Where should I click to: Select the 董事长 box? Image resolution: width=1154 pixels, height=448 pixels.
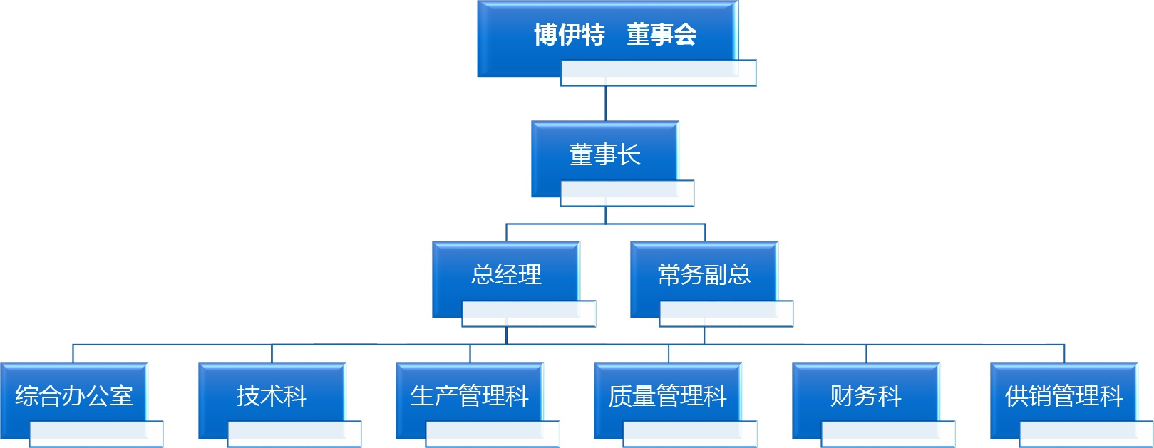pos(604,154)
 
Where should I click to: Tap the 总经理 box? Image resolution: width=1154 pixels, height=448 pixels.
pos(506,274)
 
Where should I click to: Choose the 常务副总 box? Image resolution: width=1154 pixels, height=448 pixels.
pos(704,274)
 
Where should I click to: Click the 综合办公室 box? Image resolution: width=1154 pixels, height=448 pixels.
pos(74,395)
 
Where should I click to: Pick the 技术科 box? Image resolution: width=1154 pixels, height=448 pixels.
pos(272,395)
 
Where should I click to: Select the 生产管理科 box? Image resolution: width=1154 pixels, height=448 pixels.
pos(469,395)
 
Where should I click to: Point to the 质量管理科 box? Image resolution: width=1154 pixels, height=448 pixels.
pos(667,395)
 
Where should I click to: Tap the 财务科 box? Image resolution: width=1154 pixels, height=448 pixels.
pos(865,395)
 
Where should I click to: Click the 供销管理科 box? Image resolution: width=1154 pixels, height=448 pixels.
pos(1063,395)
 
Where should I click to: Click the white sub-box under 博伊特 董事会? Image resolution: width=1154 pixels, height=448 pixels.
pos(659,73)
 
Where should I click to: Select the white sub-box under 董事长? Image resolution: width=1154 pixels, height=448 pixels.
pos(627,193)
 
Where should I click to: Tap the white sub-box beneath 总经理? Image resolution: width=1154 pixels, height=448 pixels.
pos(529,313)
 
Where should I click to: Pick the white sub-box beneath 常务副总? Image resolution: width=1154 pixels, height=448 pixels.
pos(726,313)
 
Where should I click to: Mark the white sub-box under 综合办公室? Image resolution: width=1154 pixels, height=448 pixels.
pos(97,434)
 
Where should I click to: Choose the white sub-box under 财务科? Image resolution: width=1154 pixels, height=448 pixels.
pos(888,434)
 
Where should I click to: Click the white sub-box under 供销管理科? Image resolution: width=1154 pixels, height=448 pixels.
pos(1086,434)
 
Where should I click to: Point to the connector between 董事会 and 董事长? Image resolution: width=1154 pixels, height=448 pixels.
pos(605,103)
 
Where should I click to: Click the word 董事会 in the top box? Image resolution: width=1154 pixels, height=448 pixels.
pos(661,34)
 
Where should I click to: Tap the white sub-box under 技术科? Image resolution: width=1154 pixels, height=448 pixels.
pos(294,434)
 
